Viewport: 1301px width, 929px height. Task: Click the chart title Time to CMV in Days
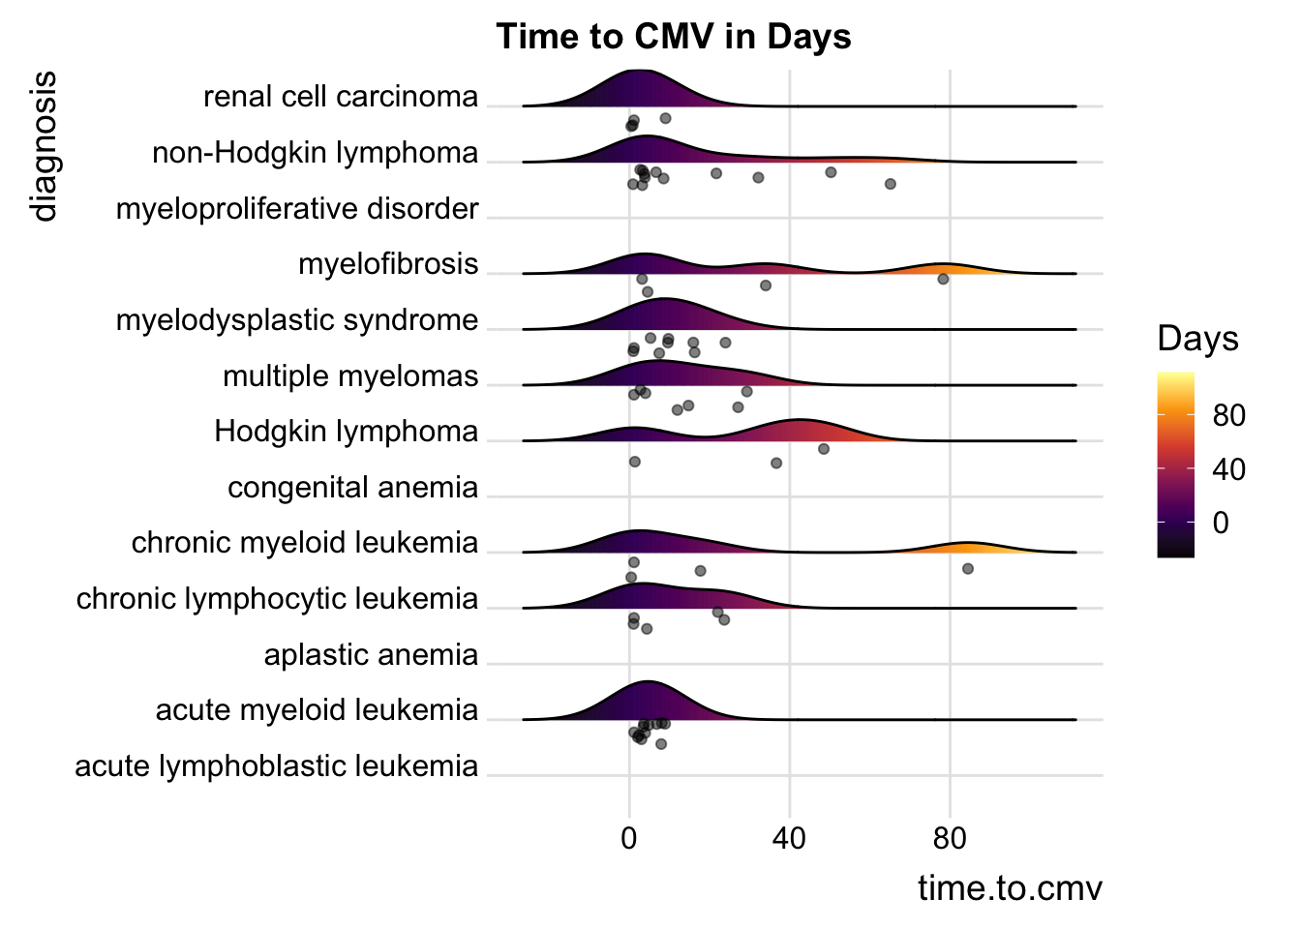click(x=674, y=37)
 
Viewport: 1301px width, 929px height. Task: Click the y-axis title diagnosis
click(x=44, y=146)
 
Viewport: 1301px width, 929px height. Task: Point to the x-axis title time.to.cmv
click(x=1010, y=887)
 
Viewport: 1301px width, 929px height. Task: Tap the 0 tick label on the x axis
click(x=629, y=838)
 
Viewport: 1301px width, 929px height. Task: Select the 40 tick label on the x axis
click(x=790, y=838)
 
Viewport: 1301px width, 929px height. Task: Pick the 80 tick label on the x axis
click(x=950, y=838)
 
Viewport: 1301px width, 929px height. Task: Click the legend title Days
click(x=1197, y=339)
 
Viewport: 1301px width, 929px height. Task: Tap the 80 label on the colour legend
click(x=1228, y=416)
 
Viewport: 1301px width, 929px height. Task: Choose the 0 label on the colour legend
click(x=1221, y=524)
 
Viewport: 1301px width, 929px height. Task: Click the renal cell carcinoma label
click(x=341, y=97)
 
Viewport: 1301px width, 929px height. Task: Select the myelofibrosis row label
click(x=388, y=264)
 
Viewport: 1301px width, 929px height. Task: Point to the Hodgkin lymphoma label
click(x=347, y=432)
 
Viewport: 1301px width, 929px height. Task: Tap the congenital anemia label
click(x=352, y=488)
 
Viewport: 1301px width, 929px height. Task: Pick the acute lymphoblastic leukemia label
click(x=277, y=766)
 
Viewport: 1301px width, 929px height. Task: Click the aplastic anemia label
click(x=371, y=655)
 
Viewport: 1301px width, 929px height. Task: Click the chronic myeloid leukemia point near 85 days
click(x=968, y=569)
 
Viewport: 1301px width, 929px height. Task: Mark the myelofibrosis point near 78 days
click(x=943, y=279)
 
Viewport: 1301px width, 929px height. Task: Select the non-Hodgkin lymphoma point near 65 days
click(x=891, y=184)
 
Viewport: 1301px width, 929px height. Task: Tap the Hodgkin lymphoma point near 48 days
click(x=824, y=449)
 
